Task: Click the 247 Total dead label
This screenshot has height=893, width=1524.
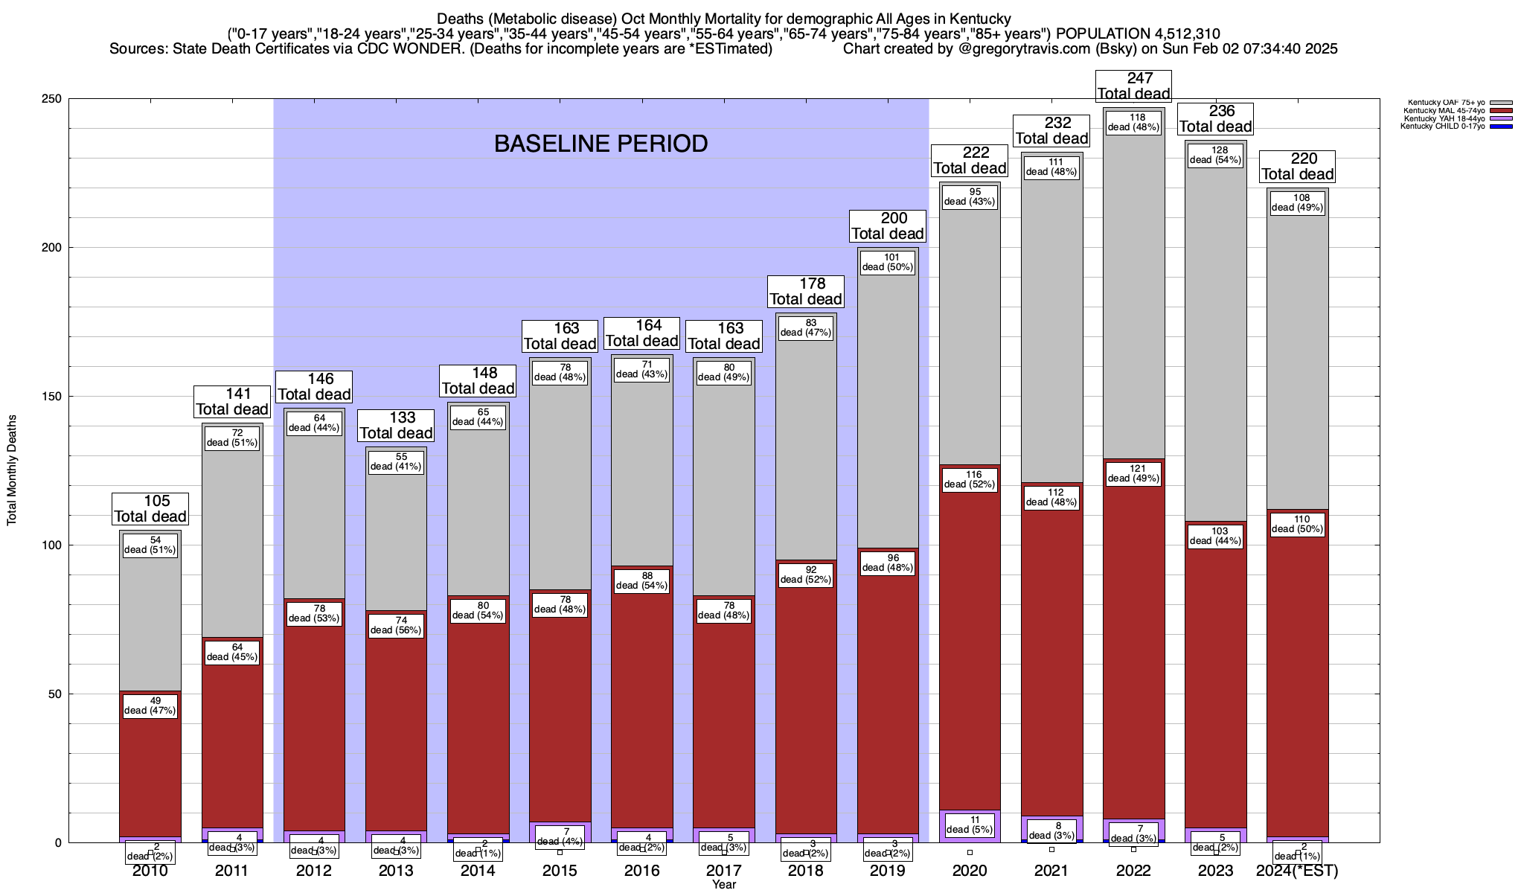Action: click(x=1134, y=86)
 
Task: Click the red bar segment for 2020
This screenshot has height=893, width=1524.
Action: click(x=970, y=647)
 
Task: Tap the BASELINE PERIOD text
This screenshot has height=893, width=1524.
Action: click(x=601, y=144)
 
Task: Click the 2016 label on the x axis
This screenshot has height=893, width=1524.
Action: click(x=641, y=871)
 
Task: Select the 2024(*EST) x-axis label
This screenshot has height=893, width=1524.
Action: click(x=1297, y=871)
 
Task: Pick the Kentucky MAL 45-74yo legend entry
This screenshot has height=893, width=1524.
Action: click(x=1444, y=111)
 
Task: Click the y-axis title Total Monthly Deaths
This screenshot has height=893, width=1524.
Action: click(x=12, y=470)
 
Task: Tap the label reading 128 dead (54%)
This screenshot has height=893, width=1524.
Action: click(x=1216, y=155)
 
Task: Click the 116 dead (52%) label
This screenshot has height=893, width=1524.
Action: click(x=970, y=479)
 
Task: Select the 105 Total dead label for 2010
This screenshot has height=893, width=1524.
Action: click(x=150, y=509)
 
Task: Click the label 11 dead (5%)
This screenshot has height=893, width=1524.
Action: click(x=970, y=825)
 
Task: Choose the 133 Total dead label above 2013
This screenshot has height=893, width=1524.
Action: click(x=396, y=426)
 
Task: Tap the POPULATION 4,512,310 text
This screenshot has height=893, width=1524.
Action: click(x=1138, y=33)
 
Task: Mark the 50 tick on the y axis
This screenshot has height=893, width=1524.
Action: click(x=57, y=694)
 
